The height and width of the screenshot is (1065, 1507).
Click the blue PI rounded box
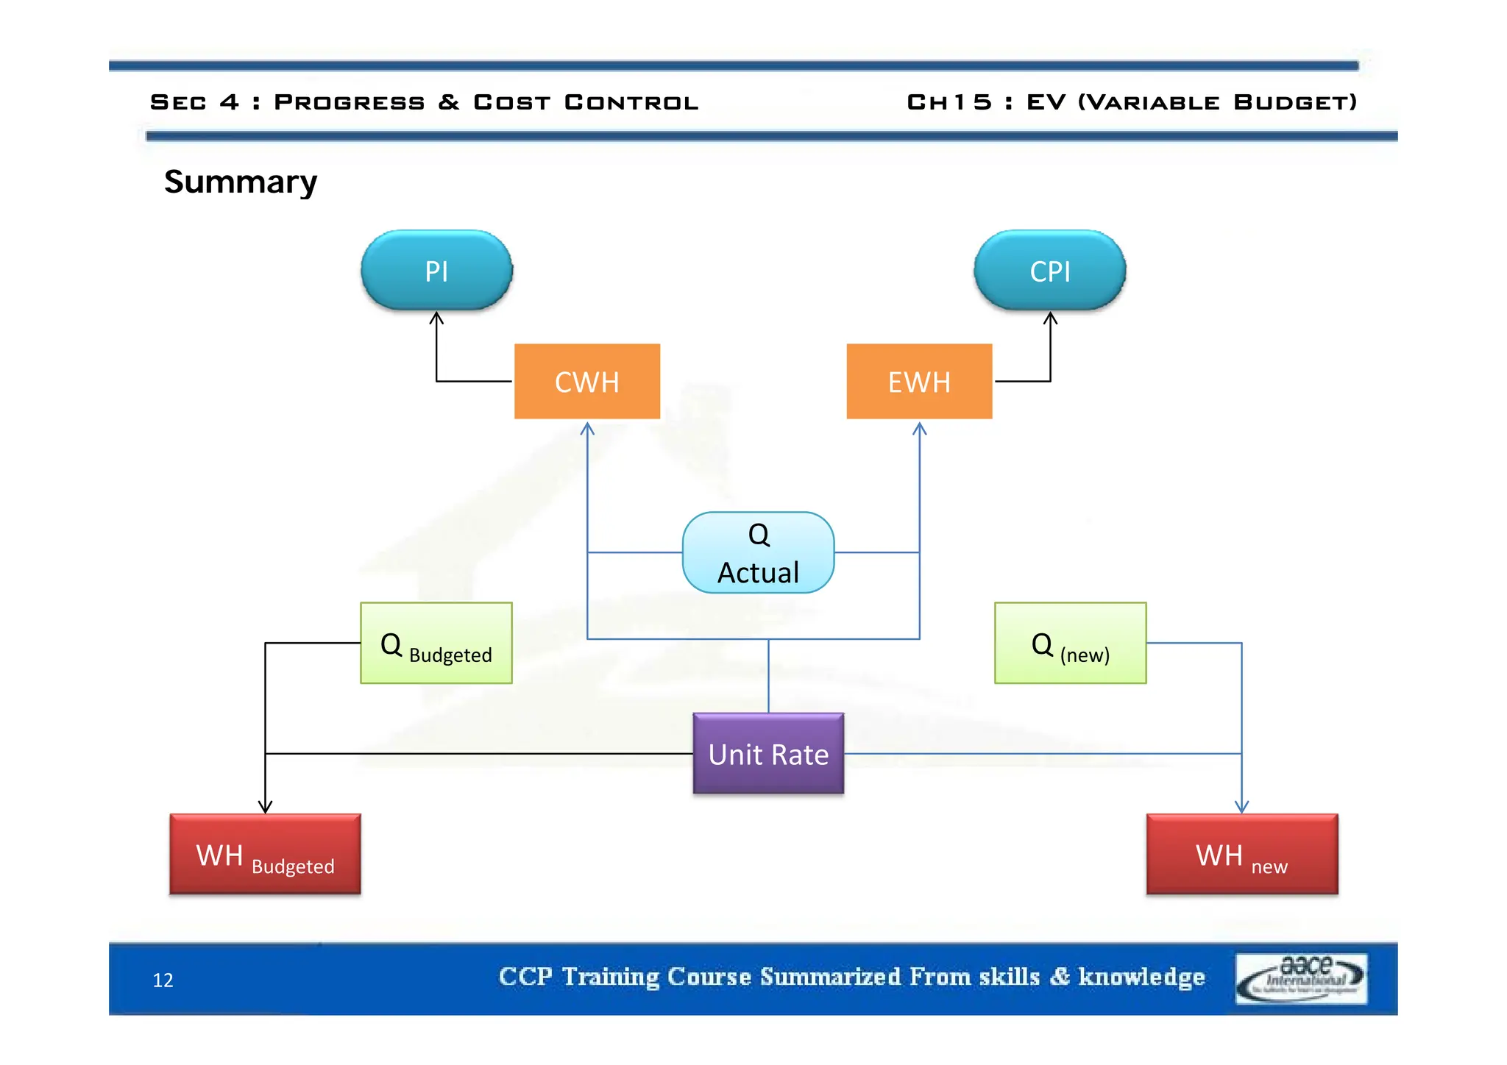[436, 271]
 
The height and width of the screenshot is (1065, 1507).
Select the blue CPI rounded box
[1049, 271]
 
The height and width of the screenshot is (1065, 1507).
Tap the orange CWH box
[586, 381]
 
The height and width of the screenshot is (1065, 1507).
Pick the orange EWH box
[919, 381]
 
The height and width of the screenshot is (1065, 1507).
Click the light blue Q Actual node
[758, 552]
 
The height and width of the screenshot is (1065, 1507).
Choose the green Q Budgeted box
[436, 643]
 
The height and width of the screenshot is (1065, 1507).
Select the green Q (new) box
[1070, 643]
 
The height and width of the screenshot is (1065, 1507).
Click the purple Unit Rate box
[768, 753]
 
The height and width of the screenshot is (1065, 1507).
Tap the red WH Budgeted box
[265, 854]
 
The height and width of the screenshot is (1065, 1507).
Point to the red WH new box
[1241, 854]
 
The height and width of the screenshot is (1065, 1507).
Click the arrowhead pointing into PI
[436, 318]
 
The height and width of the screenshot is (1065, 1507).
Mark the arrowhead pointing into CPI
[1050, 318]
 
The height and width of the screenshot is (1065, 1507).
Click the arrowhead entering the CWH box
[586, 428]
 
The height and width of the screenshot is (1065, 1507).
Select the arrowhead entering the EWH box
[919, 428]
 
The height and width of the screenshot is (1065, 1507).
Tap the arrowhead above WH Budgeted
[265, 807]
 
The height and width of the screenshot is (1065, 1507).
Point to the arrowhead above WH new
[1241, 807]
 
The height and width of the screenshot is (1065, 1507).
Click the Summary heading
[240, 182]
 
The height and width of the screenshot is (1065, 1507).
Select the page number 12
[163, 980]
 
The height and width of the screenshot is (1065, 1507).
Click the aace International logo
[1300, 978]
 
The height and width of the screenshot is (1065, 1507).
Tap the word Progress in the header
[349, 102]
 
